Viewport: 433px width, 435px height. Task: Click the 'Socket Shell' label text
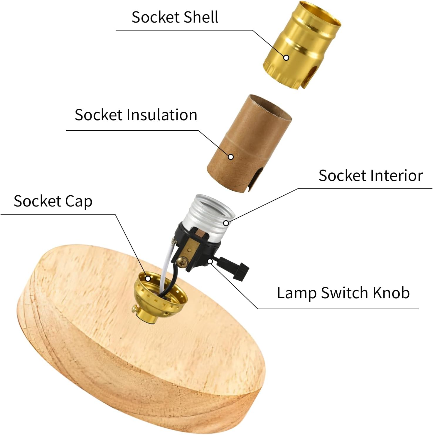175,17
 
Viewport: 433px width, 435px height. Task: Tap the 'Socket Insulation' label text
136,114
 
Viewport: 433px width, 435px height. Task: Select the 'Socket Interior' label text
370,175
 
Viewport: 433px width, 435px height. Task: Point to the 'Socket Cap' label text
53,202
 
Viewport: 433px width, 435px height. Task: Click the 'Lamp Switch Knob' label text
343,293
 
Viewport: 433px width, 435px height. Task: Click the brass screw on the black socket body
183,262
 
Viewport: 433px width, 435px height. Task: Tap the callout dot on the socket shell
286,57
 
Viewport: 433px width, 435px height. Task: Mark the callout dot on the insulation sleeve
231,157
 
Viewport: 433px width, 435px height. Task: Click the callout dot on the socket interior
226,223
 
